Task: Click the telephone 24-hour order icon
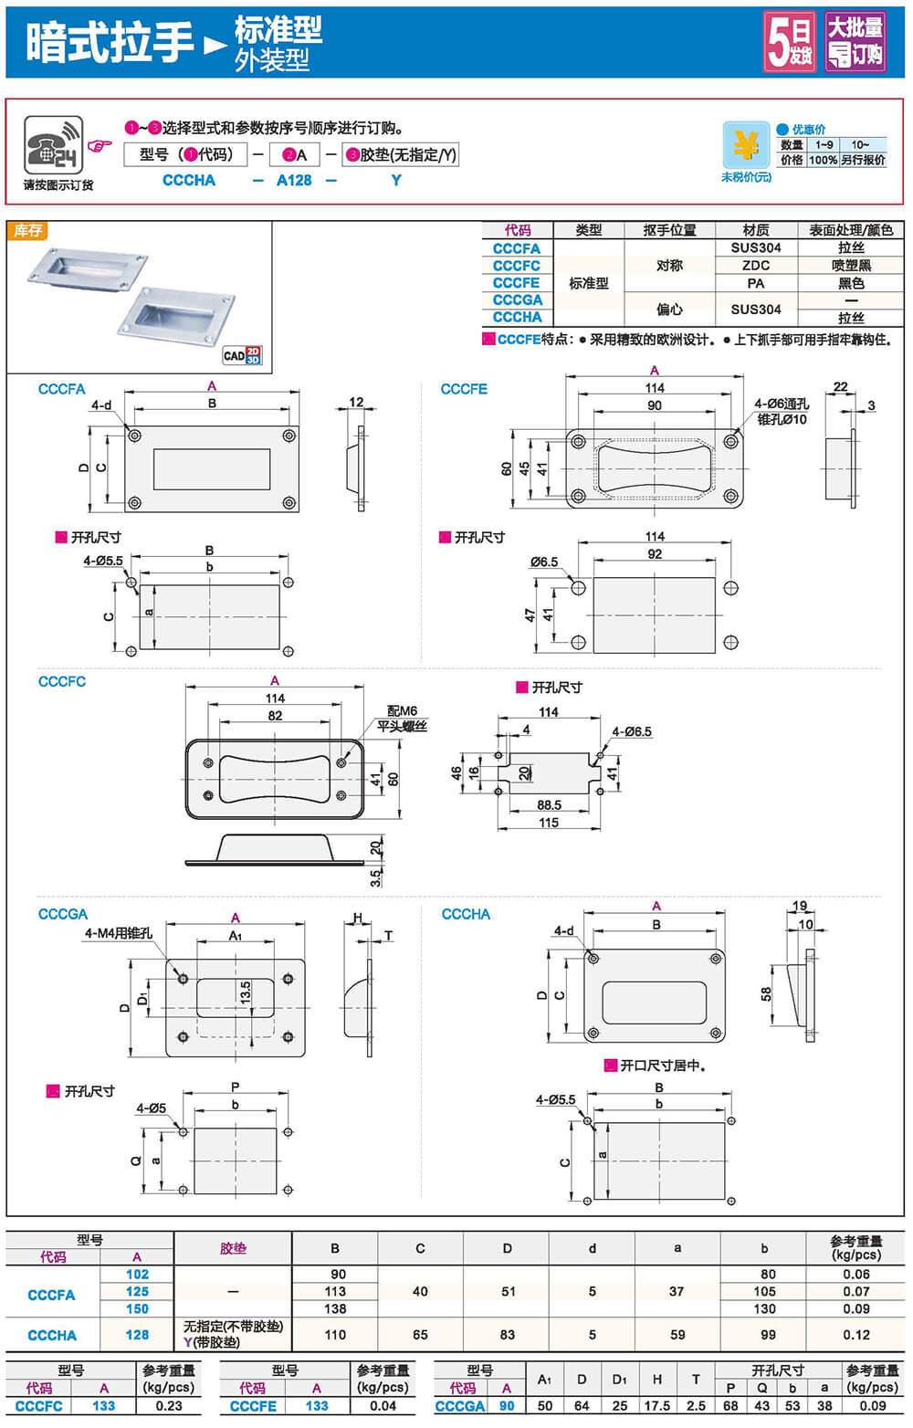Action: tap(54, 145)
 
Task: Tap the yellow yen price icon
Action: tap(746, 145)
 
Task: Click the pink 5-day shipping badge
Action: tap(790, 41)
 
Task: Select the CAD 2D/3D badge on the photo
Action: tap(242, 355)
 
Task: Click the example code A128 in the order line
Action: tap(294, 180)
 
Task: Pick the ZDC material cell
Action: tap(755, 265)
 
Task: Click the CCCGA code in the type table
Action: tap(517, 299)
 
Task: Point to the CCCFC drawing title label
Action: tap(62, 681)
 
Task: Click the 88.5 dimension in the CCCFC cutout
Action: tap(549, 804)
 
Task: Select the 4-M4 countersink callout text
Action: tap(118, 932)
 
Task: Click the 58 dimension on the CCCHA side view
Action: tap(766, 993)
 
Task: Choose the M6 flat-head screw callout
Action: tap(402, 718)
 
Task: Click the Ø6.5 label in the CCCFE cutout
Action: tap(544, 562)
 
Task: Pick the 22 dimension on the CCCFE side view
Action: tap(840, 387)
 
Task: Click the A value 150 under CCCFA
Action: tap(137, 1308)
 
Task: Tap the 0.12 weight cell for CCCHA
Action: tap(855, 1334)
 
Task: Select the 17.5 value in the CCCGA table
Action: tap(656, 1405)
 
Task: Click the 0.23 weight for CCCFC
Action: tap(169, 1405)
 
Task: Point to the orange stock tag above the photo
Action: tap(27, 231)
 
